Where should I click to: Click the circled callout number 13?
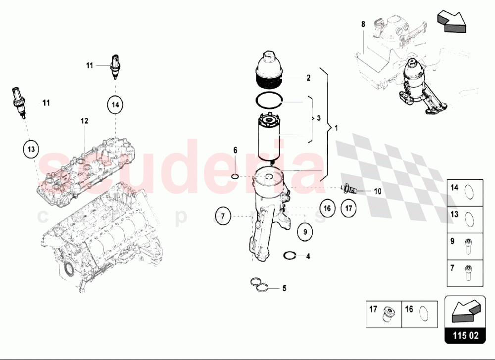[x=31, y=150]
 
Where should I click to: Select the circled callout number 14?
[x=115, y=104]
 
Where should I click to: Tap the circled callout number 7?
[x=223, y=216]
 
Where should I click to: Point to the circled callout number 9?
[x=305, y=232]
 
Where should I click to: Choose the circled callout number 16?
[x=327, y=208]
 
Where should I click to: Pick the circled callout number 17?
[x=348, y=208]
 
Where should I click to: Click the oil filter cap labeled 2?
[x=268, y=70]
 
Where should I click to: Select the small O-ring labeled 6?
[x=235, y=176]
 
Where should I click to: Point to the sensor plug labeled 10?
[x=348, y=189]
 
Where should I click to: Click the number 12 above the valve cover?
[x=84, y=121]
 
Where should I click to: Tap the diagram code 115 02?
[x=466, y=335]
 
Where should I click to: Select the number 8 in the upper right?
[x=363, y=24]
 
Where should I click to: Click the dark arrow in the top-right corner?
[x=452, y=21]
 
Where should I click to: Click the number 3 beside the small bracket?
[x=318, y=118]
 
